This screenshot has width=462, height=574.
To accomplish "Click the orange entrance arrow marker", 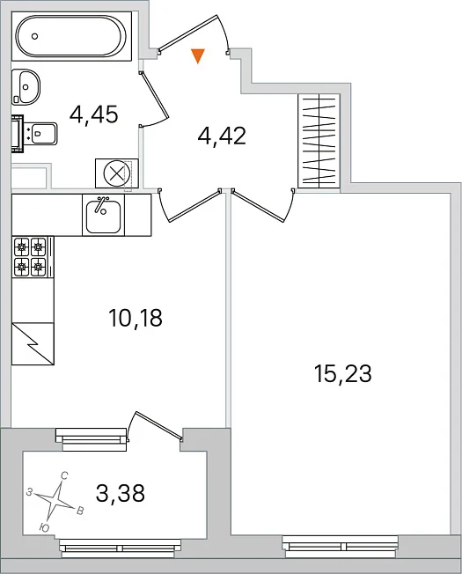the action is point(197,55).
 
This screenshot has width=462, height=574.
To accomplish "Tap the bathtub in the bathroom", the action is point(71,36).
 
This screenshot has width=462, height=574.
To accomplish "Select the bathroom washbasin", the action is point(26,86).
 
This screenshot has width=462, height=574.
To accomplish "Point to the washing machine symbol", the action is point(117,173).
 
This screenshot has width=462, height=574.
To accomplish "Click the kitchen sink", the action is point(104,215).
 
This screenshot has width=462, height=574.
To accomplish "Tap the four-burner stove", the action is point(31,256).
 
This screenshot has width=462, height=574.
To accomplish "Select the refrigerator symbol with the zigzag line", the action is point(33,343).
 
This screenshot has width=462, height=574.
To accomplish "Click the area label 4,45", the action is point(94,114).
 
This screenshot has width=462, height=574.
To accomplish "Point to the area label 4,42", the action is point(222,136).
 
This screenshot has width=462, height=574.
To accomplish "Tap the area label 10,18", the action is point(136,318).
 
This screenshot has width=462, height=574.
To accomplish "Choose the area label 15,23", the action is point(343,374).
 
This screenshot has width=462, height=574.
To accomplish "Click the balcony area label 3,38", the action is point(121,493).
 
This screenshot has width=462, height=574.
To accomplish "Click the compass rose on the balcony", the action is point(55,501).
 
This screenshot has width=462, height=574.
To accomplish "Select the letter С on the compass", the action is point(64,476).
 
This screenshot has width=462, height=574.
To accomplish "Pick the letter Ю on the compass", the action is point(44,527).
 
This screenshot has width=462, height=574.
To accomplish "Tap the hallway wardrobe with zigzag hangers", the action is point(319,142).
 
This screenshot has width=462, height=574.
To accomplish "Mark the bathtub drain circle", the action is point(35,36).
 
